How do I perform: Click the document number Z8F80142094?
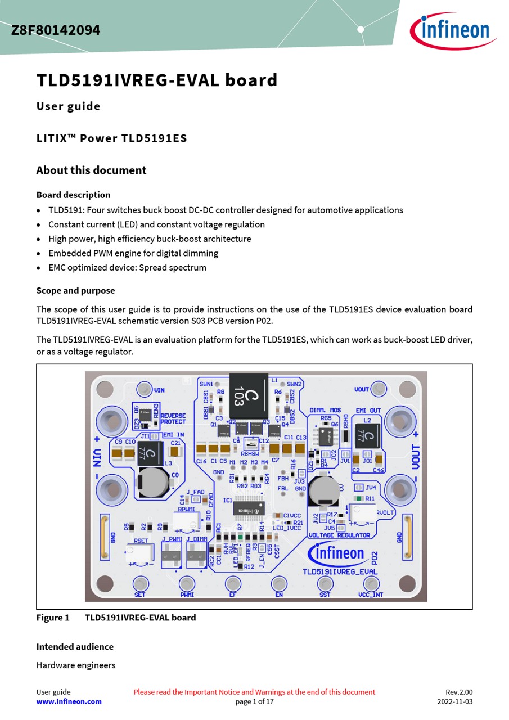pyautogui.click(x=56, y=30)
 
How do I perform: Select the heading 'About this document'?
pyautogui.click(x=91, y=170)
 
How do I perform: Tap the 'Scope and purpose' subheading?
pyautogui.click(x=75, y=290)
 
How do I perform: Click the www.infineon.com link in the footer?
pyautogui.click(x=69, y=701)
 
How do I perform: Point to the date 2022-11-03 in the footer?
pyautogui.click(x=454, y=701)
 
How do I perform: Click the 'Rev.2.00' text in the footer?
pyautogui.click(x=459, y=692)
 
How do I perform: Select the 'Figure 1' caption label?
pyautogui.click(x=53, y=618)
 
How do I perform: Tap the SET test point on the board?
pyautogui.click(x=140, y=583)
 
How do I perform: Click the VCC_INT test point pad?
pyautogui.click(x=370, y=583)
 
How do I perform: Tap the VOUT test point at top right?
pyautogui.click(x=379, y=388)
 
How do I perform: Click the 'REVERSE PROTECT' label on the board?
pyautogui.click(x=173, y=418)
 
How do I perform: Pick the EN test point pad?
pyautogui.click(x=279, y=583)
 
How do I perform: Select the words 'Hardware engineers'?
pyautogui.click(x=76, y=665)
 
